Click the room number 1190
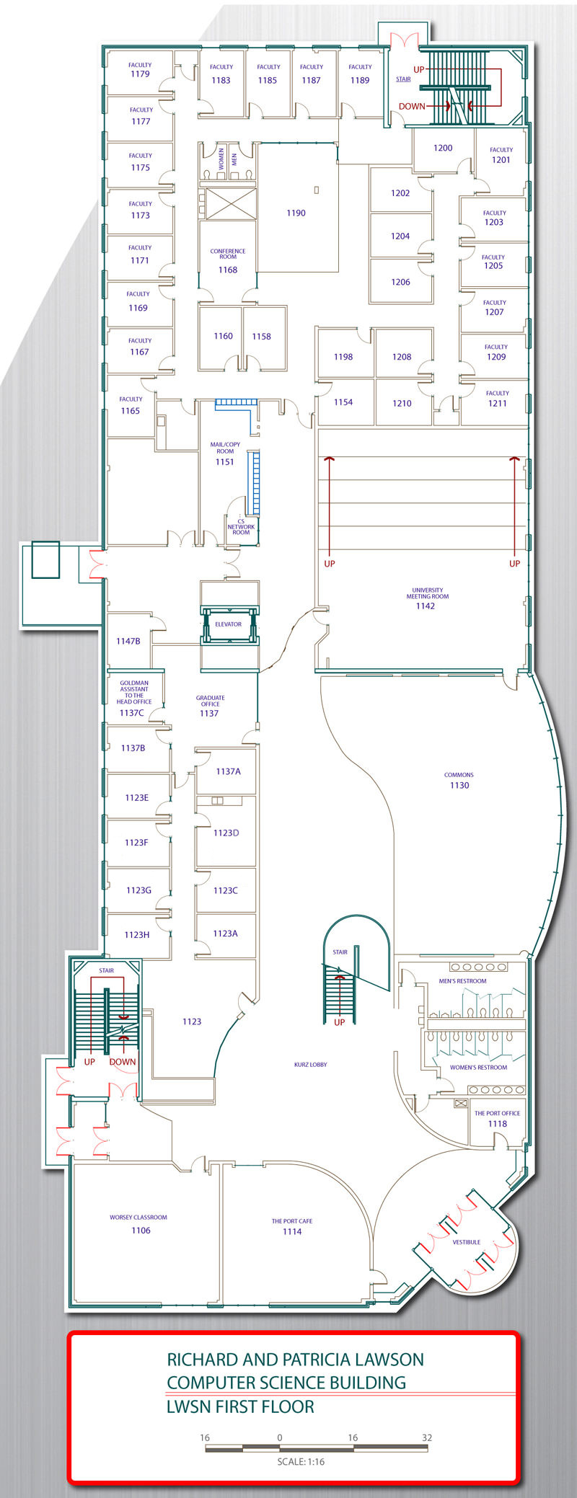(296, 213)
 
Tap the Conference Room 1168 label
(228, 261)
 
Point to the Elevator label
(228, 624)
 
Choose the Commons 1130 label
(459, 781)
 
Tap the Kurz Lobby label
(311, 1064)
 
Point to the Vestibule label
(467, 1242)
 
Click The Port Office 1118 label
(497, 1119)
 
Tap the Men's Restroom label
(462, 981)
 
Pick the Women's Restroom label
(478, 1068)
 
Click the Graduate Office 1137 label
(210, 706)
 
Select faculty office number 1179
(140, 74)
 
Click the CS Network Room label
(241, 527)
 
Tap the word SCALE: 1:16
(301, 1462)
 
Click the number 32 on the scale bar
(427, 1437)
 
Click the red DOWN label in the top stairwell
(412, 106)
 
